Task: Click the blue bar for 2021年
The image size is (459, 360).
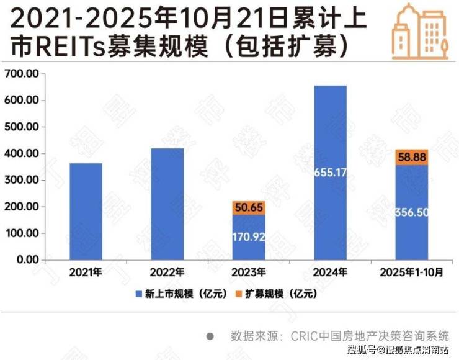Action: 86,211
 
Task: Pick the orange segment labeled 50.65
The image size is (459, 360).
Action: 249,207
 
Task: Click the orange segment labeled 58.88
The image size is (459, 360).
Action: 412,157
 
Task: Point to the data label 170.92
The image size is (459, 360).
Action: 249,236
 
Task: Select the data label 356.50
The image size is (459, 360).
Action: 412,212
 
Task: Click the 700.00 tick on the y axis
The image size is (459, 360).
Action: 22,73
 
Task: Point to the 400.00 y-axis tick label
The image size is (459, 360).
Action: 22,153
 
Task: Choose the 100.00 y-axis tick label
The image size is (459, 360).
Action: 22,233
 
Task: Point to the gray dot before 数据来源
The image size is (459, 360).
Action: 210,336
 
